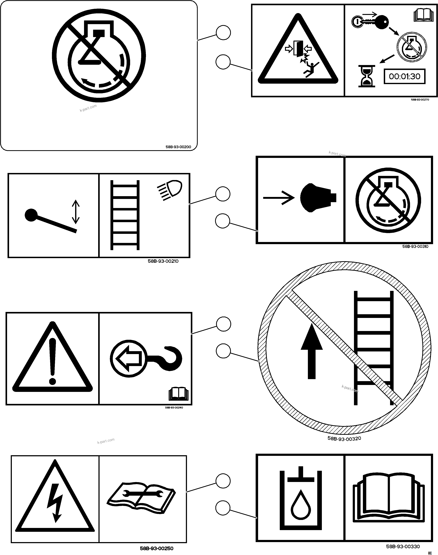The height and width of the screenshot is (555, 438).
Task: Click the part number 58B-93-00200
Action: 178,147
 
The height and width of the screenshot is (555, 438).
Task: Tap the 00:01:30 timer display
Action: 404,76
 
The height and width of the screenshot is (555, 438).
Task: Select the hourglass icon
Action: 366,76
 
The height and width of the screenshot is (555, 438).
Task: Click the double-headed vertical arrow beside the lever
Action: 76,212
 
